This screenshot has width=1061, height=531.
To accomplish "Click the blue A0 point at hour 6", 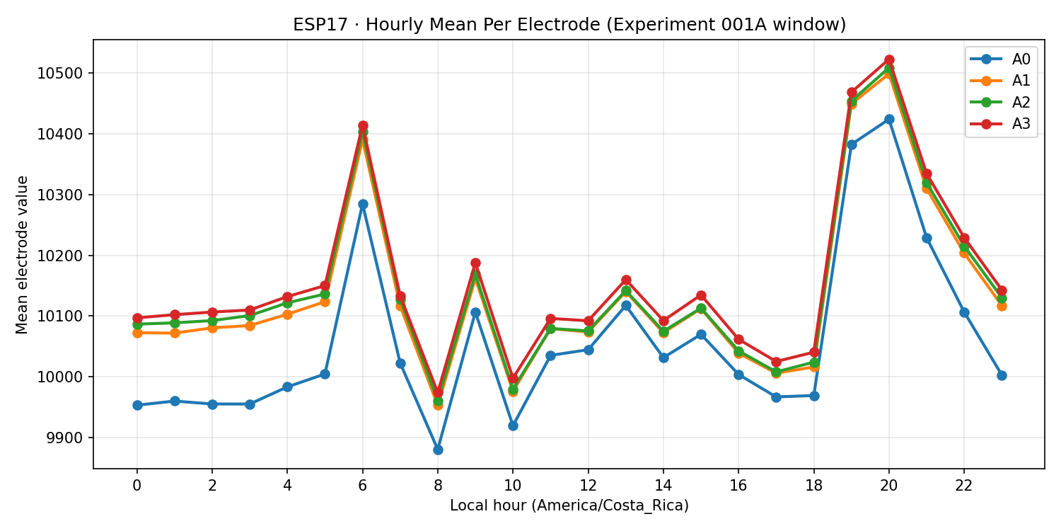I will click(x=363, y=204).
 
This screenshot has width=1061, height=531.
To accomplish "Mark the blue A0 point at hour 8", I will click(x=438, y=450).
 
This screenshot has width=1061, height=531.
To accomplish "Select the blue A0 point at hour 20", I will click(x=889, y=119).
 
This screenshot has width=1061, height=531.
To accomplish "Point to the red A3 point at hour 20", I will click(x=889, y=60).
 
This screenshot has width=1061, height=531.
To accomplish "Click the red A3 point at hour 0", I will click(x=137, y=318).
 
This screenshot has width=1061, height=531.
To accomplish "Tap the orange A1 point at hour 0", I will click(x=137, y=333).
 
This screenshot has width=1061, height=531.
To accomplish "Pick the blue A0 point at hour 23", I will click(x=1002, y=375).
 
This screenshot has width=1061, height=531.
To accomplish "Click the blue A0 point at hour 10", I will click(x=513, y=426).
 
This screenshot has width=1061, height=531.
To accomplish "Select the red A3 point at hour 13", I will click(x=626, y=280).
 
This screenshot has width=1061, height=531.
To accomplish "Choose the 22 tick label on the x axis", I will click(x=964, y=486).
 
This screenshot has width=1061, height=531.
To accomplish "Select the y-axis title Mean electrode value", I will click(x=22, y=254).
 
